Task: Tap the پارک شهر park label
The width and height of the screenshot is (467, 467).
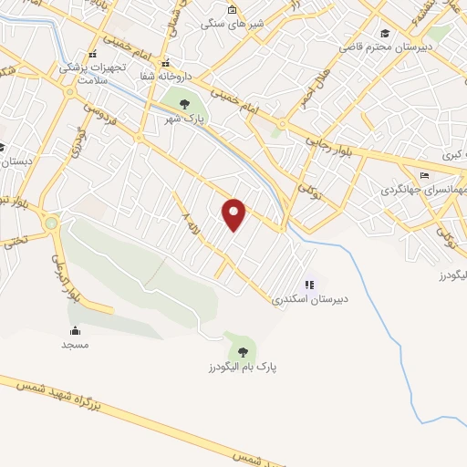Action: pos(182,119)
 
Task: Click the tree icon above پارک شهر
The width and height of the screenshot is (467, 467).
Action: pos(185,103)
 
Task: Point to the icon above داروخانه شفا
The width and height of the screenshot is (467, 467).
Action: pos(166,63)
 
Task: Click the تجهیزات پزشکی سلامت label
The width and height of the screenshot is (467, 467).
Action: pos(90,73)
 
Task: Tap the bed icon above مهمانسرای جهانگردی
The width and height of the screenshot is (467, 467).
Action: pos(423,176)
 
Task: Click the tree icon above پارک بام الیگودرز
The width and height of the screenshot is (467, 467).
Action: pos(242,351)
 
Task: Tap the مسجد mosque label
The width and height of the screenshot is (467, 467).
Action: pos(74,345)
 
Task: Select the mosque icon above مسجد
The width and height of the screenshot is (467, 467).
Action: pos(74,330)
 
